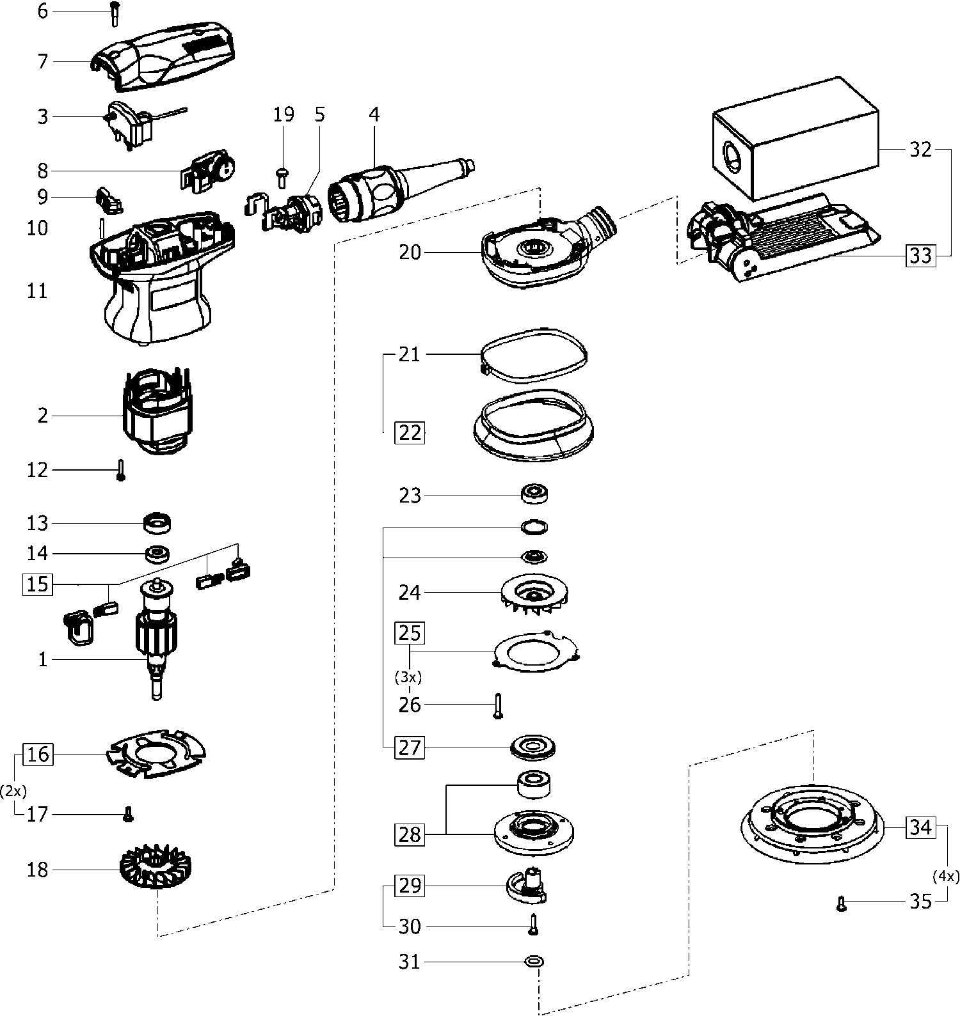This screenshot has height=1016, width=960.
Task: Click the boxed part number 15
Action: [38, 584]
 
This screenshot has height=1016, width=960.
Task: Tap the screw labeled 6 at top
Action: [115, 13]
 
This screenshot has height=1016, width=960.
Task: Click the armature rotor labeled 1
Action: [156, 639]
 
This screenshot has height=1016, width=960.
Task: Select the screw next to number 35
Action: [842, 903]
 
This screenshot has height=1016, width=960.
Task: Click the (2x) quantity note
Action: [13, 791]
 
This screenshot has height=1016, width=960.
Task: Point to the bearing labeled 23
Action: [536, 494]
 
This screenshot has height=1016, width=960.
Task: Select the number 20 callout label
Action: [410, 253]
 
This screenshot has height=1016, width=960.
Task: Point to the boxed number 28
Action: [410, 834]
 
